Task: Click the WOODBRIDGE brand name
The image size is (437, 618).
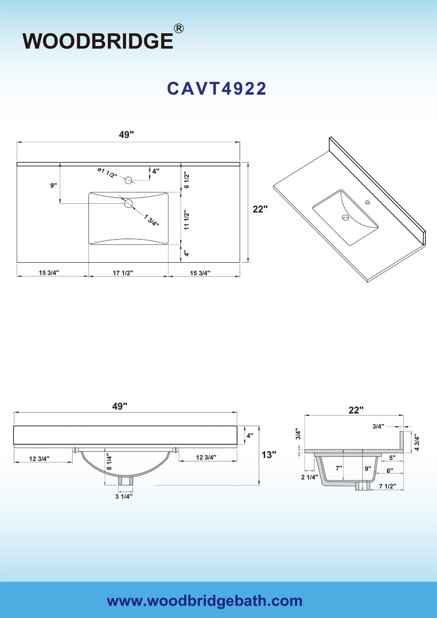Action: tap(98, 41)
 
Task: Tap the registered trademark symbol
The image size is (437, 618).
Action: tap(179, 29)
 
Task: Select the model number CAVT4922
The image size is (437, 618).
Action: tap(217, 88)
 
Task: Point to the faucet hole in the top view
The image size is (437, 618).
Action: tap(128, 180)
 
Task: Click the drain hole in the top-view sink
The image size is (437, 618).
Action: tap(128, 204)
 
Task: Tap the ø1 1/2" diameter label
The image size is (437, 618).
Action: tap(107, 173)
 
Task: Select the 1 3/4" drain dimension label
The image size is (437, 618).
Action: tap(151, 220)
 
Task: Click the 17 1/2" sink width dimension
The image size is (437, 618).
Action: tap(123, 273)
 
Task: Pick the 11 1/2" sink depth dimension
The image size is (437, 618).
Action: tap(187, 221)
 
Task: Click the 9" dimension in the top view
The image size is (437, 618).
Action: tap(54, 185)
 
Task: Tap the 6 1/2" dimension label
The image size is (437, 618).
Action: tap(187, 181)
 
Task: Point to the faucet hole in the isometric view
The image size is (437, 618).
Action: tap(367, 202)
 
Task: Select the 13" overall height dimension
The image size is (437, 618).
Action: tap(269, 454)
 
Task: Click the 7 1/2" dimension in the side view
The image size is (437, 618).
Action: tap(388, 486)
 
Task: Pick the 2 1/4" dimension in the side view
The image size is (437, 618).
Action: tap(310, 477)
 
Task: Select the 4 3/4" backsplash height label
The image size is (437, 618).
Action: tap(417, 443)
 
